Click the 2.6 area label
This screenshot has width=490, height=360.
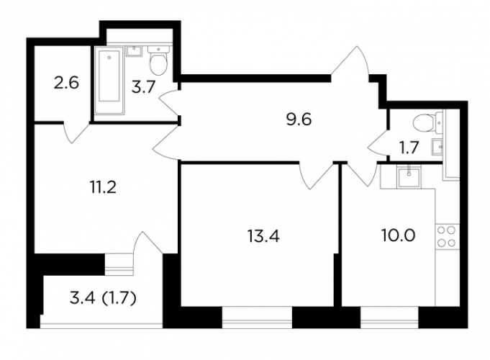point(66,84)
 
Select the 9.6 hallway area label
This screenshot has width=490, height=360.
point(299,120)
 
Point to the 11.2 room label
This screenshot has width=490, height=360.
point(103,187)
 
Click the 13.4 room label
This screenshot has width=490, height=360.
point(263,236)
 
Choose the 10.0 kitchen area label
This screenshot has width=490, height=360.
point(398,235)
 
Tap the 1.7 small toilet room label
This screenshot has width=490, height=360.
point(409,148)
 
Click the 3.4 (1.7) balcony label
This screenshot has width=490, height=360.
point(103,298)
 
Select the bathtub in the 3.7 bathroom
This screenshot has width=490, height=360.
point(109,81)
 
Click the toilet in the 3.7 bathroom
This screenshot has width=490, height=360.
point(158,60)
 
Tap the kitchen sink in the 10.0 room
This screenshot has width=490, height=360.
point(409,176)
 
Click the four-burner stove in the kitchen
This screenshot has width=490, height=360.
point(446,237)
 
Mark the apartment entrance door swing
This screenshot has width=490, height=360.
point(350,63)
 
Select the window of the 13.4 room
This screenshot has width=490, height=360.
point(257,317)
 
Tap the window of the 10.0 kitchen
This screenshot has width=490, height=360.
point(389,317)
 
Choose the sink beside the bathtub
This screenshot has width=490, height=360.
point(135,51)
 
